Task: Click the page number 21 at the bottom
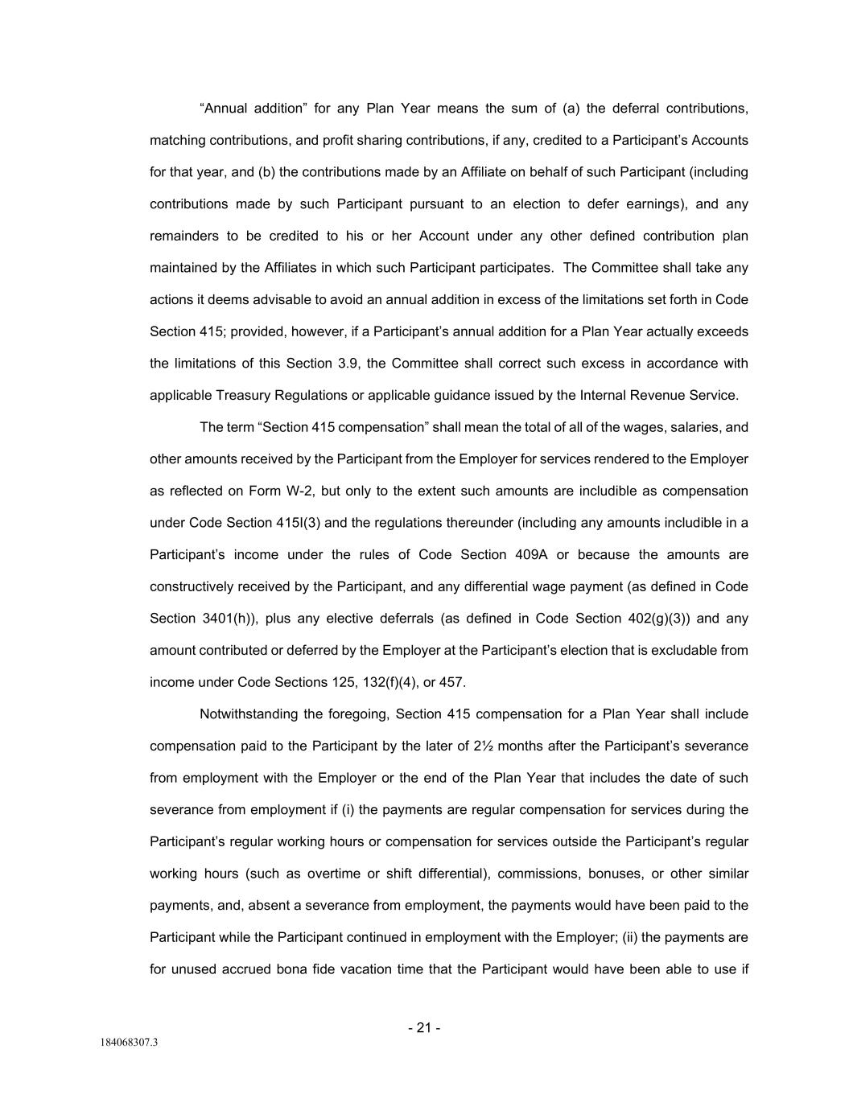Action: coord(424,1028)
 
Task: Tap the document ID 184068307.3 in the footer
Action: coord(129,1043)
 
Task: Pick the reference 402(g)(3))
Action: coord(660,619)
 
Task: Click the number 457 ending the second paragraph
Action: coord(451,682)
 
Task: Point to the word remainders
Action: coord(184,236)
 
